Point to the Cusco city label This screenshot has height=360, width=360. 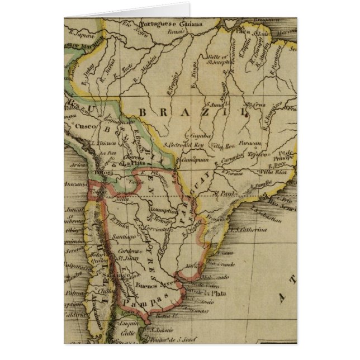point(77,127)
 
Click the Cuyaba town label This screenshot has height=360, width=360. point(200,136)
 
